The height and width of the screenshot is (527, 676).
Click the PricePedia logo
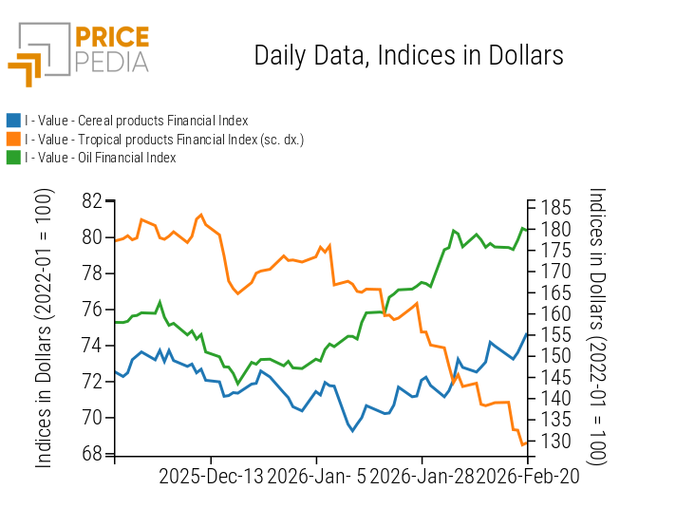click(79, 53)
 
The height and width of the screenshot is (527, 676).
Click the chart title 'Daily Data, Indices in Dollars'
click(408, 55)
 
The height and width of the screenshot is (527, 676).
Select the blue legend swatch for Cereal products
click(13, 121)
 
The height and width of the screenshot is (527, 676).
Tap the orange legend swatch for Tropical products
click(13, 140)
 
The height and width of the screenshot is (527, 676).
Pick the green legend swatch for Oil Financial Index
click(13, 158)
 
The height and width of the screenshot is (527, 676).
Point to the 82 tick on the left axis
click(92, 201)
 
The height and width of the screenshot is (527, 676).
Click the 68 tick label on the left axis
click(92, 454)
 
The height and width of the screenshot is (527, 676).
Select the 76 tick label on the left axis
click(92, 310)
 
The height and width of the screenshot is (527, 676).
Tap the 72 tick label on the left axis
click(92, 382)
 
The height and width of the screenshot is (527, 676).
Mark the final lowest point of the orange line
click(522, 444)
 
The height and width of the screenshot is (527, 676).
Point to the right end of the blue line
click(528, 333)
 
